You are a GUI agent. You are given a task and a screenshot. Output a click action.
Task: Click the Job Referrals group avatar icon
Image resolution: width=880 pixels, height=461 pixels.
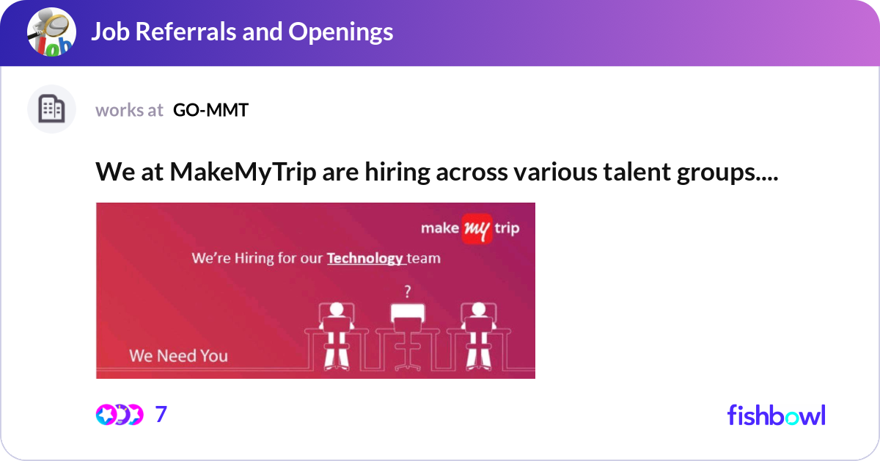coord(51,32)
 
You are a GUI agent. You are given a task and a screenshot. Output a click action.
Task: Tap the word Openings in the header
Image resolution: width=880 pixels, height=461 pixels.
coord(340,32)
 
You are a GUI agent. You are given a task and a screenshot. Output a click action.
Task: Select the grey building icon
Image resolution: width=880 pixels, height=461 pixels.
coord(51,109)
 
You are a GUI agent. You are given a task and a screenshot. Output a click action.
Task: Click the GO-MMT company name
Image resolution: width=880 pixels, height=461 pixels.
coord(210,110)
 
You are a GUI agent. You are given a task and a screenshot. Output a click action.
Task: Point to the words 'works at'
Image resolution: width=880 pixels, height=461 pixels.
coord(129,110)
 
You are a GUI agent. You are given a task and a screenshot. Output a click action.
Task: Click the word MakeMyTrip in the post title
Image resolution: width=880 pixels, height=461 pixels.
coord(243,173)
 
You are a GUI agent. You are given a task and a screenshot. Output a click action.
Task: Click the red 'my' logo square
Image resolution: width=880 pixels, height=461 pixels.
coord(477,228)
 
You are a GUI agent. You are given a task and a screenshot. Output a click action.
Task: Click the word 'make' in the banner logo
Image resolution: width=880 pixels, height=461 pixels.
coord(440,228)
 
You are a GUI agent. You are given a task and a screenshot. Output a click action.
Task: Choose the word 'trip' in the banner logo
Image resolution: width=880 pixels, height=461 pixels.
coord(507,228)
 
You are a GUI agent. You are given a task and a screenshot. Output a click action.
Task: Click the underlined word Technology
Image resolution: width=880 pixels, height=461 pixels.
coord(365,258)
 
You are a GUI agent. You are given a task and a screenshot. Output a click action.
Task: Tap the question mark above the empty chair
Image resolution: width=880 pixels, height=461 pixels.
coord(408,291)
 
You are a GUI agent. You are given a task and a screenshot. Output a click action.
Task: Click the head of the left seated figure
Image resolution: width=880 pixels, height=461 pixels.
coord(337,309)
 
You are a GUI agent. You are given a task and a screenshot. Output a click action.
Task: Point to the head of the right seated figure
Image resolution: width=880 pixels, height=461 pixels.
coord(478,309)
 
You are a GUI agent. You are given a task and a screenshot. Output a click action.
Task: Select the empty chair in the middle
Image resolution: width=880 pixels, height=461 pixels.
coord(408,337)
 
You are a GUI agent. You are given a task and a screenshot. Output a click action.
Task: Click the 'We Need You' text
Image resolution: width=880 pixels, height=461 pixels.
coord(179,356)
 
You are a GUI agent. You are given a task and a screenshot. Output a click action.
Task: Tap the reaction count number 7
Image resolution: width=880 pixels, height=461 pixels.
coord(161,414)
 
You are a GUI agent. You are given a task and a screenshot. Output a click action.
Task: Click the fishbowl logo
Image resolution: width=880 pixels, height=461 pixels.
coord(777,415)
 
